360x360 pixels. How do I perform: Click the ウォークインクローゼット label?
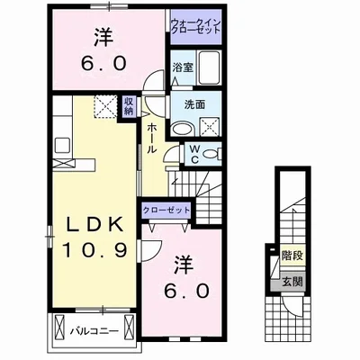pos(196,26)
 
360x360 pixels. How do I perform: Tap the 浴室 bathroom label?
pos(183,67)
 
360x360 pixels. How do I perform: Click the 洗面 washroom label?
pos(194,104)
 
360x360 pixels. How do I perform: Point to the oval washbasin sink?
pos(182,130)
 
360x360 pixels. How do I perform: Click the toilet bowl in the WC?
pos(211,154)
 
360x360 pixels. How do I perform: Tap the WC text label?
pos(194,154)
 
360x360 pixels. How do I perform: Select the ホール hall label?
pos(152,139)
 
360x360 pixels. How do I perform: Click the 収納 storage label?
pos(129,105)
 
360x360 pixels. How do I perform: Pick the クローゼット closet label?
pos(166,210)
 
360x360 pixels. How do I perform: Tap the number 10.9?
pos(94,250)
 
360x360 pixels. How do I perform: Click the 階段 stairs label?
pos(292,256)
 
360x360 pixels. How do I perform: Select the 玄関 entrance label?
pos(292,282)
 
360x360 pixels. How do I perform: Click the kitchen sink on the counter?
pos(62,146)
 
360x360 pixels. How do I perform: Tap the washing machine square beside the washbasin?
pos(209,126)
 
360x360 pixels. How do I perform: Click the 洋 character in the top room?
pos(103,38)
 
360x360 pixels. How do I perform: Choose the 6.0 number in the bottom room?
pos(185,290)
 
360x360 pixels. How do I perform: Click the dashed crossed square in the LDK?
pos(104,106)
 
